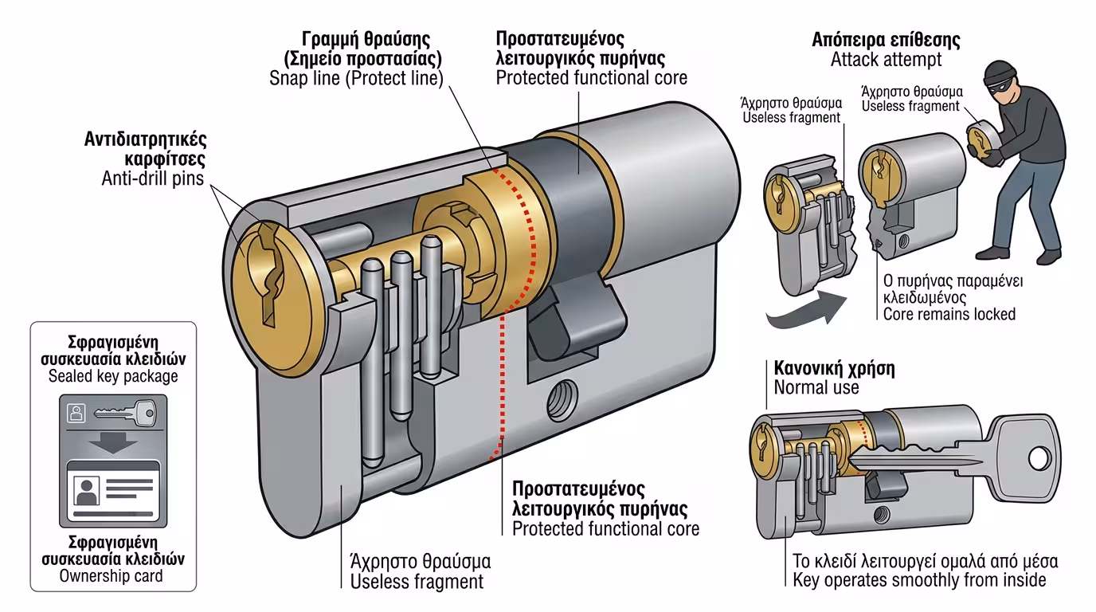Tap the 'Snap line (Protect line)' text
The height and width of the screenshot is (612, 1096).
[x=356, y=77]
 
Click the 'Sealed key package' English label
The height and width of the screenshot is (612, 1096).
[x=112, y=375]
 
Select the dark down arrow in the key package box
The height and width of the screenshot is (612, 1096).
[x=112, y=443]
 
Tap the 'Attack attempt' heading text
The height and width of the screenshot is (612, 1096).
[x=886, y=59]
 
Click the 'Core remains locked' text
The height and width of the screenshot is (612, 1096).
[x=949, y=313]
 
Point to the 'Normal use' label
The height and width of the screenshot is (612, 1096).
[x=816, y=387]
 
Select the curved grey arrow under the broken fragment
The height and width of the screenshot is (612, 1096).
[x=801, y=314]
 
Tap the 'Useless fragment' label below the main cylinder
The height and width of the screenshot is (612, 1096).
[x=417, y=581]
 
